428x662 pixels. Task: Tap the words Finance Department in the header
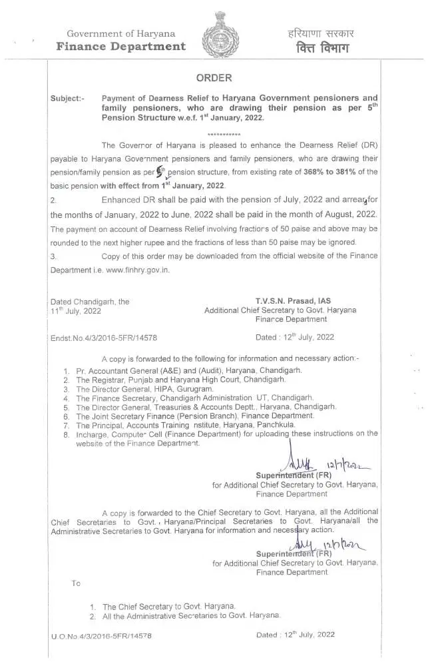[120, 46]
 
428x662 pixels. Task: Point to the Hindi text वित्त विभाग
[313, 47]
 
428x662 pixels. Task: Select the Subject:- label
[67, 98]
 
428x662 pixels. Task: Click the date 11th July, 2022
[76, 311]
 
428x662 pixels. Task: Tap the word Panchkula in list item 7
[276, 424]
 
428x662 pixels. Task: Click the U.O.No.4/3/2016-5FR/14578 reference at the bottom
[101, 636]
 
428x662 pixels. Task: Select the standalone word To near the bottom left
[76, 583]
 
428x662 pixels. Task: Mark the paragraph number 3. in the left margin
[53, 256]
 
